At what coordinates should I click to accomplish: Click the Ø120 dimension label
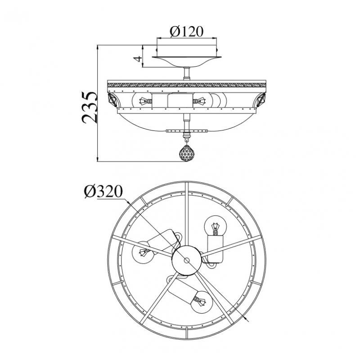[x=186, y=31]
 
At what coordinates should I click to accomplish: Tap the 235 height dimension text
[x=90, y=108]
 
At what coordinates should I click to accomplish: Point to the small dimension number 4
[x=137, y=59]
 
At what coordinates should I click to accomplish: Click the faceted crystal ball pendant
[x=187, y=153]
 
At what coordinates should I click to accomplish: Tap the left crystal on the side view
[x=112, y=99]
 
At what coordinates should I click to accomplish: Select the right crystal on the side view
[x=261, y=99]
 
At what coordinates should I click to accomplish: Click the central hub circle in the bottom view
[x=187, y=260]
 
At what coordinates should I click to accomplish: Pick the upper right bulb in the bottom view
[x=216, y=225]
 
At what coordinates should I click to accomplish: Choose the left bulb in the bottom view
[x=143, y=252]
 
